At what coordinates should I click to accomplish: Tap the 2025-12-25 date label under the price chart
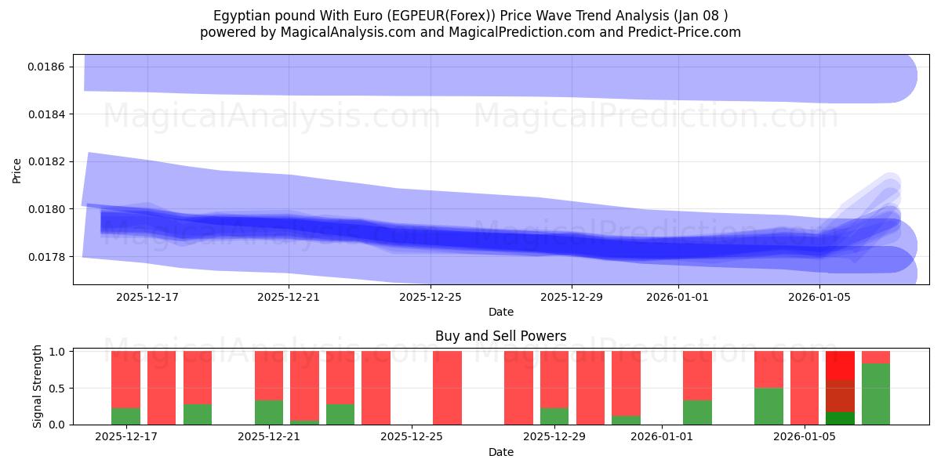[x=430, y=297]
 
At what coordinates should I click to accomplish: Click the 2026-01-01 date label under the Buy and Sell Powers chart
[x=663, y=436]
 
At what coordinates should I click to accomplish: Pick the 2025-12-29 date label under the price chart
[x=572, y=297]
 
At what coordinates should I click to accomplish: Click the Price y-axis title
[x=17, y=170]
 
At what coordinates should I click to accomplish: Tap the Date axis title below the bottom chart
[x=500, y=452]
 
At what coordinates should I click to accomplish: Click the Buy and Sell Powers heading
[x=500, y=336]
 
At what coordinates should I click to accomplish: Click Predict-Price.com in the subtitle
[x=682, y=32]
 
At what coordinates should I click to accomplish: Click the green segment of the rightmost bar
[x=876, y=394]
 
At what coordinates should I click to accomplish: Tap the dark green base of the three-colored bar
[x=840, y=418]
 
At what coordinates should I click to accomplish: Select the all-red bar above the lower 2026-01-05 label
[x=805, y=388]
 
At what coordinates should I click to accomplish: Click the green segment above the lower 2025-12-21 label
[x=269, y=412]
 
